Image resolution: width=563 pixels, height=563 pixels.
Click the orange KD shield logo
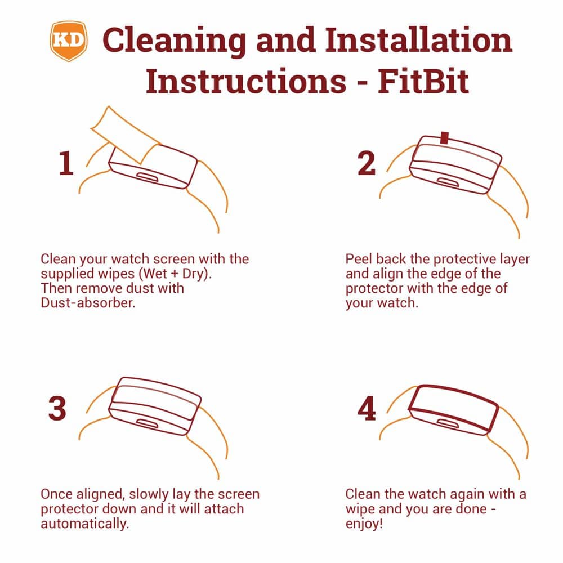[69, 41]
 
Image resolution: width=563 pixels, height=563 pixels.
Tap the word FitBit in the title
[423, 82]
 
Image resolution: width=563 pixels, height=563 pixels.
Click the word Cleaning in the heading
[174, 40]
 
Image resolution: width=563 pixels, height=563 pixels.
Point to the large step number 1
[66, 163]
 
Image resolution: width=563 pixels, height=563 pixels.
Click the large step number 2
[367, 163]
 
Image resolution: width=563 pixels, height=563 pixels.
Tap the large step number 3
[57, 409]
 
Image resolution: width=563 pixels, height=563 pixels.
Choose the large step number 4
[367, 409]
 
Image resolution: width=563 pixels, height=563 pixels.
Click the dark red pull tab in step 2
[445, 138]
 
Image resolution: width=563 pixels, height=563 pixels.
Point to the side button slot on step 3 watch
[147, 424]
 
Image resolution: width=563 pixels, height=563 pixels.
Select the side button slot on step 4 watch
[448, 424]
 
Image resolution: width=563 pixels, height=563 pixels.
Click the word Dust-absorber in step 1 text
[88, 303]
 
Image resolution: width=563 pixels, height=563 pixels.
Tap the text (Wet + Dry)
[175, 274]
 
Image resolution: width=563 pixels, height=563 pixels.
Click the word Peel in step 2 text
[358, 259]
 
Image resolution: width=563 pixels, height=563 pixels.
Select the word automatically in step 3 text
[84, 524]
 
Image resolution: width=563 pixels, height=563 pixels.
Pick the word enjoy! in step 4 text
[364, 524]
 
